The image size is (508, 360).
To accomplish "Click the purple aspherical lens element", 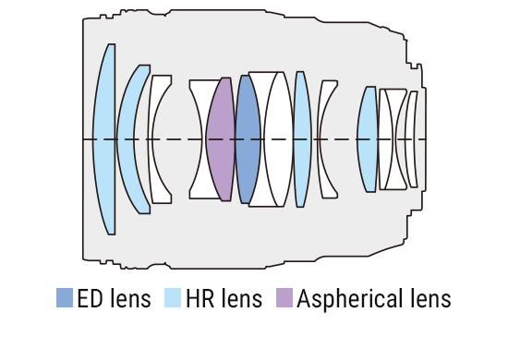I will [222, 138].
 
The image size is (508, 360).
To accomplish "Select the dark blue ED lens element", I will [246, 138].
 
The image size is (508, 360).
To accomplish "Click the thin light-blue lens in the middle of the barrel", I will [301, 138].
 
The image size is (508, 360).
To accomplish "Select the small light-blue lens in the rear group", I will [368, 138].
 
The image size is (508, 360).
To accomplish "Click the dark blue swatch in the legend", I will [65, 298].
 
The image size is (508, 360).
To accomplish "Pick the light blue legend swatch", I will [173, 298].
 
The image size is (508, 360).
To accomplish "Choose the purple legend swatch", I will [284, 298].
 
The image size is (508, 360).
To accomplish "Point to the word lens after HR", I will [242, 299].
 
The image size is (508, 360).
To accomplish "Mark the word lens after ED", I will [131, 299].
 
